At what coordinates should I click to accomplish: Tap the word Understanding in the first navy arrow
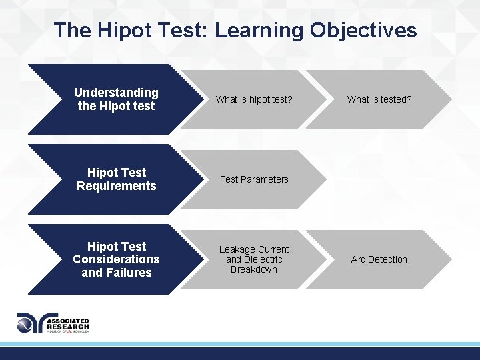[x=116, y=93]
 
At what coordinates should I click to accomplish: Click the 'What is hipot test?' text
[x=254, y=99]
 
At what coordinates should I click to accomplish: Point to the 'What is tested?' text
[x=379, y=99]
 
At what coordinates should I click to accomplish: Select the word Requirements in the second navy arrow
[x=116, y=186]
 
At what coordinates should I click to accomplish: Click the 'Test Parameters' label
[x=254, y=179]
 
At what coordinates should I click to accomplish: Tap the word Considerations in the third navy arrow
[x=116, y=259]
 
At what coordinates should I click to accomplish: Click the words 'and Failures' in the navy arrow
[x=116, y=273]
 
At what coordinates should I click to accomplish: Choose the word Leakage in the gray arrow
[x=237, y=249]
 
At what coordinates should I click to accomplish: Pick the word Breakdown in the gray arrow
[x=254, y=269]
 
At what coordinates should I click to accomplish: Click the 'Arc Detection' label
[x=379, y=259]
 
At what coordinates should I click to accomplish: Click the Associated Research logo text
[x=67, y=324]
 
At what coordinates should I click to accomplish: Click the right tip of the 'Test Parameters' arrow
[x=324, y=179]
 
